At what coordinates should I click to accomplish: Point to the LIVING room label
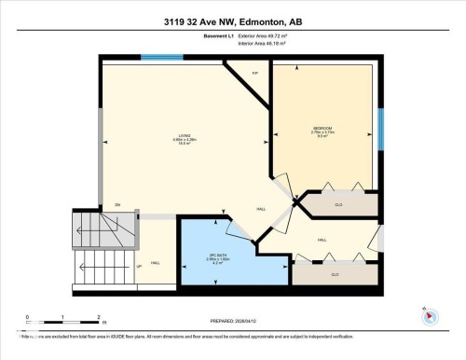184,137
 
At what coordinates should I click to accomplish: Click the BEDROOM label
322,128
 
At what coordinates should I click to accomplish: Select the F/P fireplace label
256,73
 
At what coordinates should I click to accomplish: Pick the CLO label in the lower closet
335,274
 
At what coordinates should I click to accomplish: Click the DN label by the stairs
117,204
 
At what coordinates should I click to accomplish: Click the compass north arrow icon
430,315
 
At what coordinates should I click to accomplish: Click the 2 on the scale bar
99,317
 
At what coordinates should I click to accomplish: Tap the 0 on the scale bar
28,317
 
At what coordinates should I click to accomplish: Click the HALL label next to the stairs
155,264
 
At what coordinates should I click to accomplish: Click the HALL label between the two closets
322,240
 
